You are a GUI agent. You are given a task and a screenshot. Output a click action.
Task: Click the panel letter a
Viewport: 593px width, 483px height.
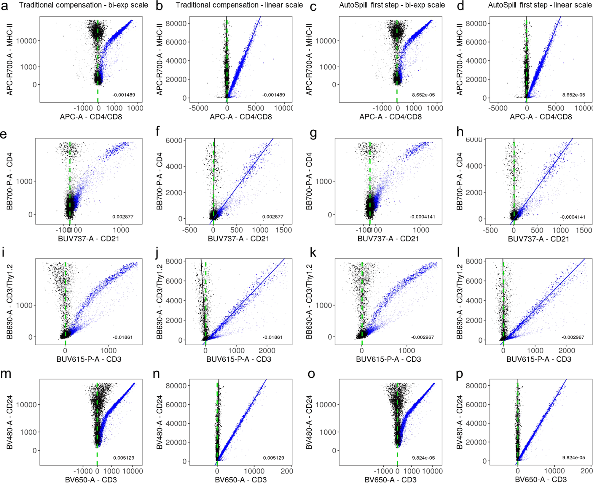(x=4, y=6)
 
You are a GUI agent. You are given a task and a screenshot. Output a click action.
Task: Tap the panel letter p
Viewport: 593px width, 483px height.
(x=459, y=374)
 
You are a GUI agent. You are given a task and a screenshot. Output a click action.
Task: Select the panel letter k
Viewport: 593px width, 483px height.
(x=313, y=253)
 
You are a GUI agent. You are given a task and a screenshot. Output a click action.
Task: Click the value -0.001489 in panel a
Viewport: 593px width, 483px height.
(x=124, y=95)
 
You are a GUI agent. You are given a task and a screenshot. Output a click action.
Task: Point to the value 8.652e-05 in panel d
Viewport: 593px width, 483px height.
(x=573, y=95)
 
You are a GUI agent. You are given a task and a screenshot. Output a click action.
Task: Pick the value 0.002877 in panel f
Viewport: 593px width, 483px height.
(x=272, y=217)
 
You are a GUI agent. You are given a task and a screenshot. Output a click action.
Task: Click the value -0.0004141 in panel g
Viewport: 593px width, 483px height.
(x=422, y=217)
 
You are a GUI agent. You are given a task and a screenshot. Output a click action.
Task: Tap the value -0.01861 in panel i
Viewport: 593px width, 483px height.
(x=122, y=337)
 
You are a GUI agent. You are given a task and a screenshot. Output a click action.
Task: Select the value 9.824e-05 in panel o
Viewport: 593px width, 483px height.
(x=423, y=458)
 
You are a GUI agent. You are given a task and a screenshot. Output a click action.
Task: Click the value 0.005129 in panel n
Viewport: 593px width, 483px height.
(x=273, y=458)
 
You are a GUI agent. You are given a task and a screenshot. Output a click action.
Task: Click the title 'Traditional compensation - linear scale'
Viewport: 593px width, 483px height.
(x=239, y=5)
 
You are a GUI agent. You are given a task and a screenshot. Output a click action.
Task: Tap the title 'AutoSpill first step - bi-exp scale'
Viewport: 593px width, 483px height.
(x=392, y=5)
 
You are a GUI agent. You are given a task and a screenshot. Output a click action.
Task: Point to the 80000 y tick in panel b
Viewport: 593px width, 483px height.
(x=176, y=23)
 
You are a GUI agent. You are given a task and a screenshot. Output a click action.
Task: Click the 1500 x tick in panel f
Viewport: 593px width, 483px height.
(x=283, y=230)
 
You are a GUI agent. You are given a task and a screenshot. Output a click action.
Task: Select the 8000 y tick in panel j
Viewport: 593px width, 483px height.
(x=174, y=261)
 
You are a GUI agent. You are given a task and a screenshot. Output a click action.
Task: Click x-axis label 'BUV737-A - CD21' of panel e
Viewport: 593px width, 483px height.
(x=88, y=239)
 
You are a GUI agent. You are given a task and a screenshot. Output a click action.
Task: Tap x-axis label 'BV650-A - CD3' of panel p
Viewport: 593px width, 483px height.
(x=541, y=479)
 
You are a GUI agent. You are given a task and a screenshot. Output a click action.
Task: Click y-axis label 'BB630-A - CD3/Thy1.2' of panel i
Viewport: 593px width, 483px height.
(x=9, y=301)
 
